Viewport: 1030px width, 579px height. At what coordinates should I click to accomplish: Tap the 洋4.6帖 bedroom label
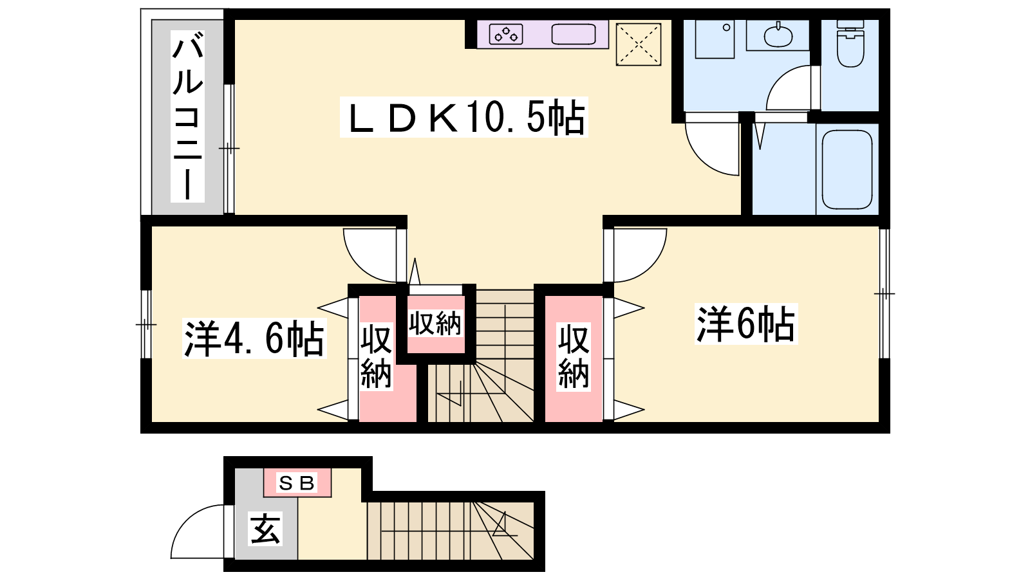click(x=254, y=338)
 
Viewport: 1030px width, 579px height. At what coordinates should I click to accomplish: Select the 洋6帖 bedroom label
click(x=746, y=324)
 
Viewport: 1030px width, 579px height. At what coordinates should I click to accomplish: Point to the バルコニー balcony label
click(x=187, y=116)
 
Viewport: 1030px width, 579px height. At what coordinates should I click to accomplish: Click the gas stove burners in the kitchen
click(x=506, y=34)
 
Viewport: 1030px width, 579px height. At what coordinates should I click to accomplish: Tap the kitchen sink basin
click(x=574, y=34)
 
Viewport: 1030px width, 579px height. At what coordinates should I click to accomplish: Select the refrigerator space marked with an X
click(x=638, y=44)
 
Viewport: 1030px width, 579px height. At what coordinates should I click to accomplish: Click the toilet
click(x=850, y=43)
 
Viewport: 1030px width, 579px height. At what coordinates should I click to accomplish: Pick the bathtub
click(x=847, y=170)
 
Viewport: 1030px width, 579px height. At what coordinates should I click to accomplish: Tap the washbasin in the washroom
click(x=778, y=35)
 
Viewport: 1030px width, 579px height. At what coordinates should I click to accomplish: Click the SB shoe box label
click(x=297, y=483)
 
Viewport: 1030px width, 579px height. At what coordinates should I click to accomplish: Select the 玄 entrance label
click(x=265, y=528)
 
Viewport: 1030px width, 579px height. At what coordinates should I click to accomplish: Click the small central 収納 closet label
click(x=435, y=324)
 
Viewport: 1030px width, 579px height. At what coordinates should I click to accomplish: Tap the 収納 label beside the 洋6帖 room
click(x=574, y=356)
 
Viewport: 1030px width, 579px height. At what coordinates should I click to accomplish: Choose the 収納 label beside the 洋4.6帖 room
click(x=376, y=356)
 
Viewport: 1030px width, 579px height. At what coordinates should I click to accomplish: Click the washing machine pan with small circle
click(x=715, y=39)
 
